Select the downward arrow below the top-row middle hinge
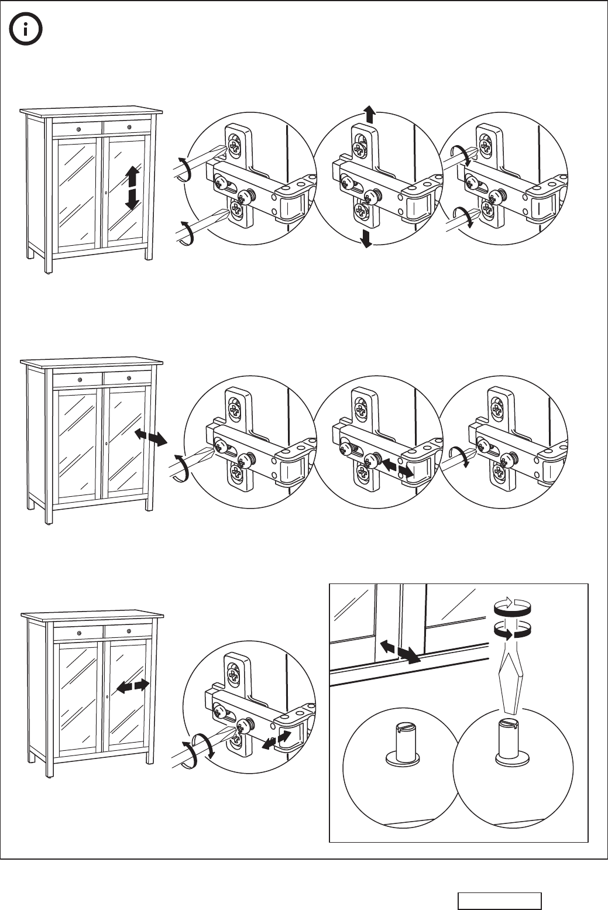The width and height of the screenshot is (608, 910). coord(366,239)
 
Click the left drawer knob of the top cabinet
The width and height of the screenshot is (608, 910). coord(78,128)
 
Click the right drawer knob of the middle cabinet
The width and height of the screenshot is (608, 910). coord(128,379)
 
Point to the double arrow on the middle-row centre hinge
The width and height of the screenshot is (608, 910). coord(395,466)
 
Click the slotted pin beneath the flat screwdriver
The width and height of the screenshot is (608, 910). coord(510,740)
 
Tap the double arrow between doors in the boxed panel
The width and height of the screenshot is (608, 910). coord(400,651)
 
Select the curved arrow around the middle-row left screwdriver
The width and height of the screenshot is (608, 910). coord(181,469)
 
